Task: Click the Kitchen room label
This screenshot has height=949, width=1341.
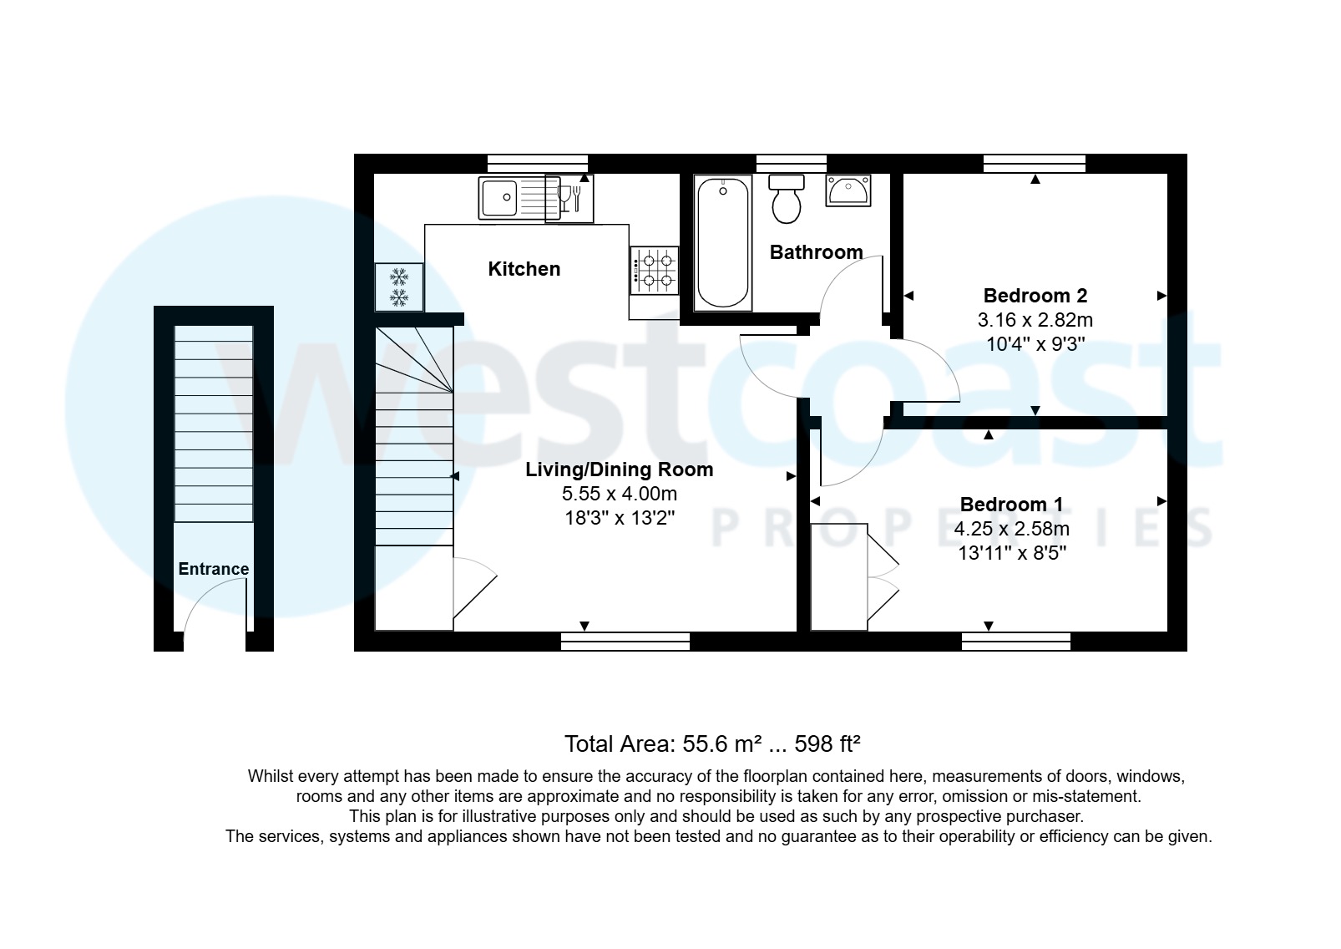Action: pos(524,269)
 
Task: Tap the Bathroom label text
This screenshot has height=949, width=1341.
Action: pos(816,252)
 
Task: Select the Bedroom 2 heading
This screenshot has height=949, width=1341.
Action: pos(1035,296)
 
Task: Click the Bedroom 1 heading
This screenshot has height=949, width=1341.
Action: pos(1011,505)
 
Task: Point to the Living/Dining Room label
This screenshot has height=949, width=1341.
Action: pos(619,469)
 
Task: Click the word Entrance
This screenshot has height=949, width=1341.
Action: pos(213,569)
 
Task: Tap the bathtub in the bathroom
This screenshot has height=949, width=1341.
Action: pos(722,242)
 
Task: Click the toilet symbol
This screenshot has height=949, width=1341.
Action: pos(786,199)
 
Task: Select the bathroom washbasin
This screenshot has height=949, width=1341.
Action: pos(848,190)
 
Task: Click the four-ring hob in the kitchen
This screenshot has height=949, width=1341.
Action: pos(654,270)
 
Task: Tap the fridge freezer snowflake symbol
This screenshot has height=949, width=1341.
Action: pos(399,287)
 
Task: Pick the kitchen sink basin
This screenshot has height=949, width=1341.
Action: pos(500,198)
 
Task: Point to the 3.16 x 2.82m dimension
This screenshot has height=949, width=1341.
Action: pos(1035,320)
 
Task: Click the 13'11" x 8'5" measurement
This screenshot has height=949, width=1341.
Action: pos(1011,552)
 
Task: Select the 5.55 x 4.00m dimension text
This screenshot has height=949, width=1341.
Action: pos(619,494)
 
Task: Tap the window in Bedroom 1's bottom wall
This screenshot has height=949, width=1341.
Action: pos(1015,642)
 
